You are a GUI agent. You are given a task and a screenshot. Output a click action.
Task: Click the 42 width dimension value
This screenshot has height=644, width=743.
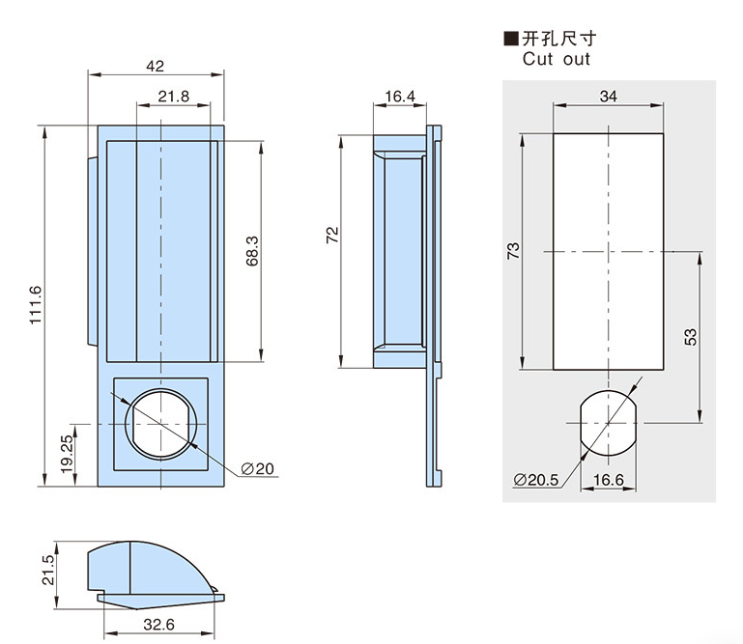(156, 66)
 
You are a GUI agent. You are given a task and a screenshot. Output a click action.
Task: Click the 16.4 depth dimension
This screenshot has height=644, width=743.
(399, 97)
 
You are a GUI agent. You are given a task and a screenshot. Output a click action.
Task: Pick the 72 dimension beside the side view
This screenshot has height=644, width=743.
(331, 235)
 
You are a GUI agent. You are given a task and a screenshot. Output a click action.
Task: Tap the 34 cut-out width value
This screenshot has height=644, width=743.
(609, 97)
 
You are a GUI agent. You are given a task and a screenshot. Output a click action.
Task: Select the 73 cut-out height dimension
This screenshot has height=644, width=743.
(513, 249)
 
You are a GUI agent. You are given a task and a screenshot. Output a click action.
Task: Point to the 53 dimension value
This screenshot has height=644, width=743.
(690, 337)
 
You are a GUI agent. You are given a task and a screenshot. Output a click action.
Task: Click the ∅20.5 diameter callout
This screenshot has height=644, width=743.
(537, 479)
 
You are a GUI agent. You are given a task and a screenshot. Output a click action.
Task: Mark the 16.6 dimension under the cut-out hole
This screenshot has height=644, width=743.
(609, 479)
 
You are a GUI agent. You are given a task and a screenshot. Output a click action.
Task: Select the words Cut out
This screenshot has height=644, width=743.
(556, 59)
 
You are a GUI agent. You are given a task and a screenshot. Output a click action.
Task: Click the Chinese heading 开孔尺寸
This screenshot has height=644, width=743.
(559, 39)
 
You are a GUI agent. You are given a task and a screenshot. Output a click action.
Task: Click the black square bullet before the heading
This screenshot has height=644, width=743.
(510, 39)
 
